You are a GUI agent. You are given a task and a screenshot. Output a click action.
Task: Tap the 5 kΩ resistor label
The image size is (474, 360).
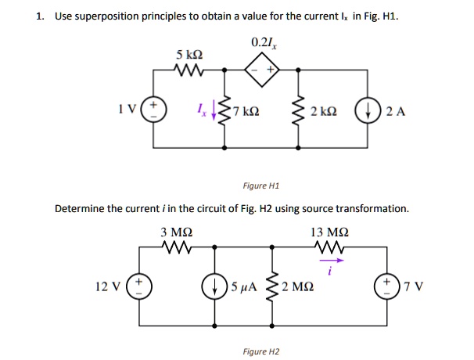[x=189, y=55]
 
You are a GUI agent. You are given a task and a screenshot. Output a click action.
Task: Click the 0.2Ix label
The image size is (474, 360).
[x=262, y=41]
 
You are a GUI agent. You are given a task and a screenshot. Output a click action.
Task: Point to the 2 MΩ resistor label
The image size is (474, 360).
[x=298, y=286]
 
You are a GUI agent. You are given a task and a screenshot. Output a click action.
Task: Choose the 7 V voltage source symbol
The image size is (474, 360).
[x=388, y=286]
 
